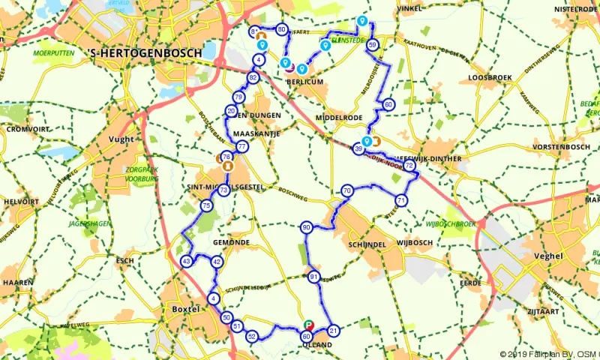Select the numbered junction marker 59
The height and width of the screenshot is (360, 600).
pos(372,46)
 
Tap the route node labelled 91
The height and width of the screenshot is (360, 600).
pos(313,278)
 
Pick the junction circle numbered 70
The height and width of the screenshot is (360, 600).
pos(346,191)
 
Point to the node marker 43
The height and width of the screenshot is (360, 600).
pos(187,261)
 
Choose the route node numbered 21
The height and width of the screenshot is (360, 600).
pos(334,329)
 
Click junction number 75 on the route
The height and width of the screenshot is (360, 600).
pos(206,206)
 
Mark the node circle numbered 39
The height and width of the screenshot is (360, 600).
pos(358,149)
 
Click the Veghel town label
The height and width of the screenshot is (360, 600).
pos(550,256)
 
